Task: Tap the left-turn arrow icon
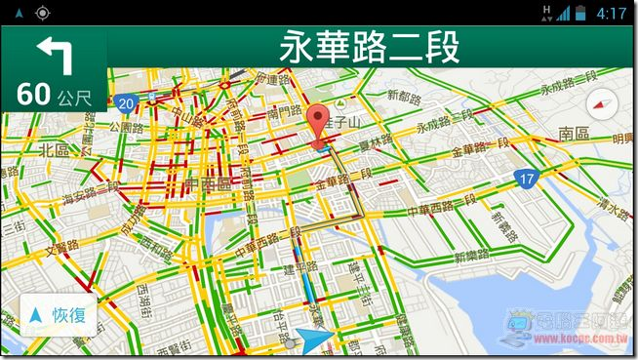[x=54, y=55]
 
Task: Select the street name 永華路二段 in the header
[x=370, y=47]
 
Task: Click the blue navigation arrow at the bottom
[x=314, y=340]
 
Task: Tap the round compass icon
[x=603, y=105]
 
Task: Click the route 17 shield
[x=526, y=180]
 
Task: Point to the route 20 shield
[x=124, y=102]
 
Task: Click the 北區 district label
[x=54, y=150]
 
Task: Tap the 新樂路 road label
[x=471, y=257]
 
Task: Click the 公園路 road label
[x=127, y=127]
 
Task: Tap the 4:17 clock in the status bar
[x=611, y=14]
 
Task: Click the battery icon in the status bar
[x=580, y=14]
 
